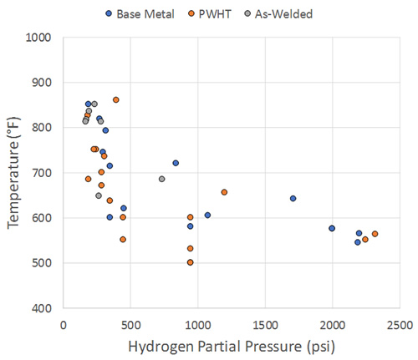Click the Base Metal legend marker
(109, 13)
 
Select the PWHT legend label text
(215, 14)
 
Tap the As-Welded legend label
(283, 14)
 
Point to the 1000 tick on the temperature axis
(38, 38)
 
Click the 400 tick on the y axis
(42, 308)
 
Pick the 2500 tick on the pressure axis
(400, 325)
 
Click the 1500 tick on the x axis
(265, 325)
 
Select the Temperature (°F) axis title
(13, 173)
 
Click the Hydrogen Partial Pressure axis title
(232, 347)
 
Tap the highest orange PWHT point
(116, 100)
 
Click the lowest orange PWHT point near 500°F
(191, 262)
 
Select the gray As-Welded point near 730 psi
(162, 179)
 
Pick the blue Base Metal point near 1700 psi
(293, 199)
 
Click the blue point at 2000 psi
(332, 228)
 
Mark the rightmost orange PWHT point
(375, 234)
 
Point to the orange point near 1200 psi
(224, 192)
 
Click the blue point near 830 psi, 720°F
(176, 163)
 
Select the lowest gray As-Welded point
(99, 195)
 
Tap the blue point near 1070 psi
(207, 215)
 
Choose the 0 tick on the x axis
(64, 325)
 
